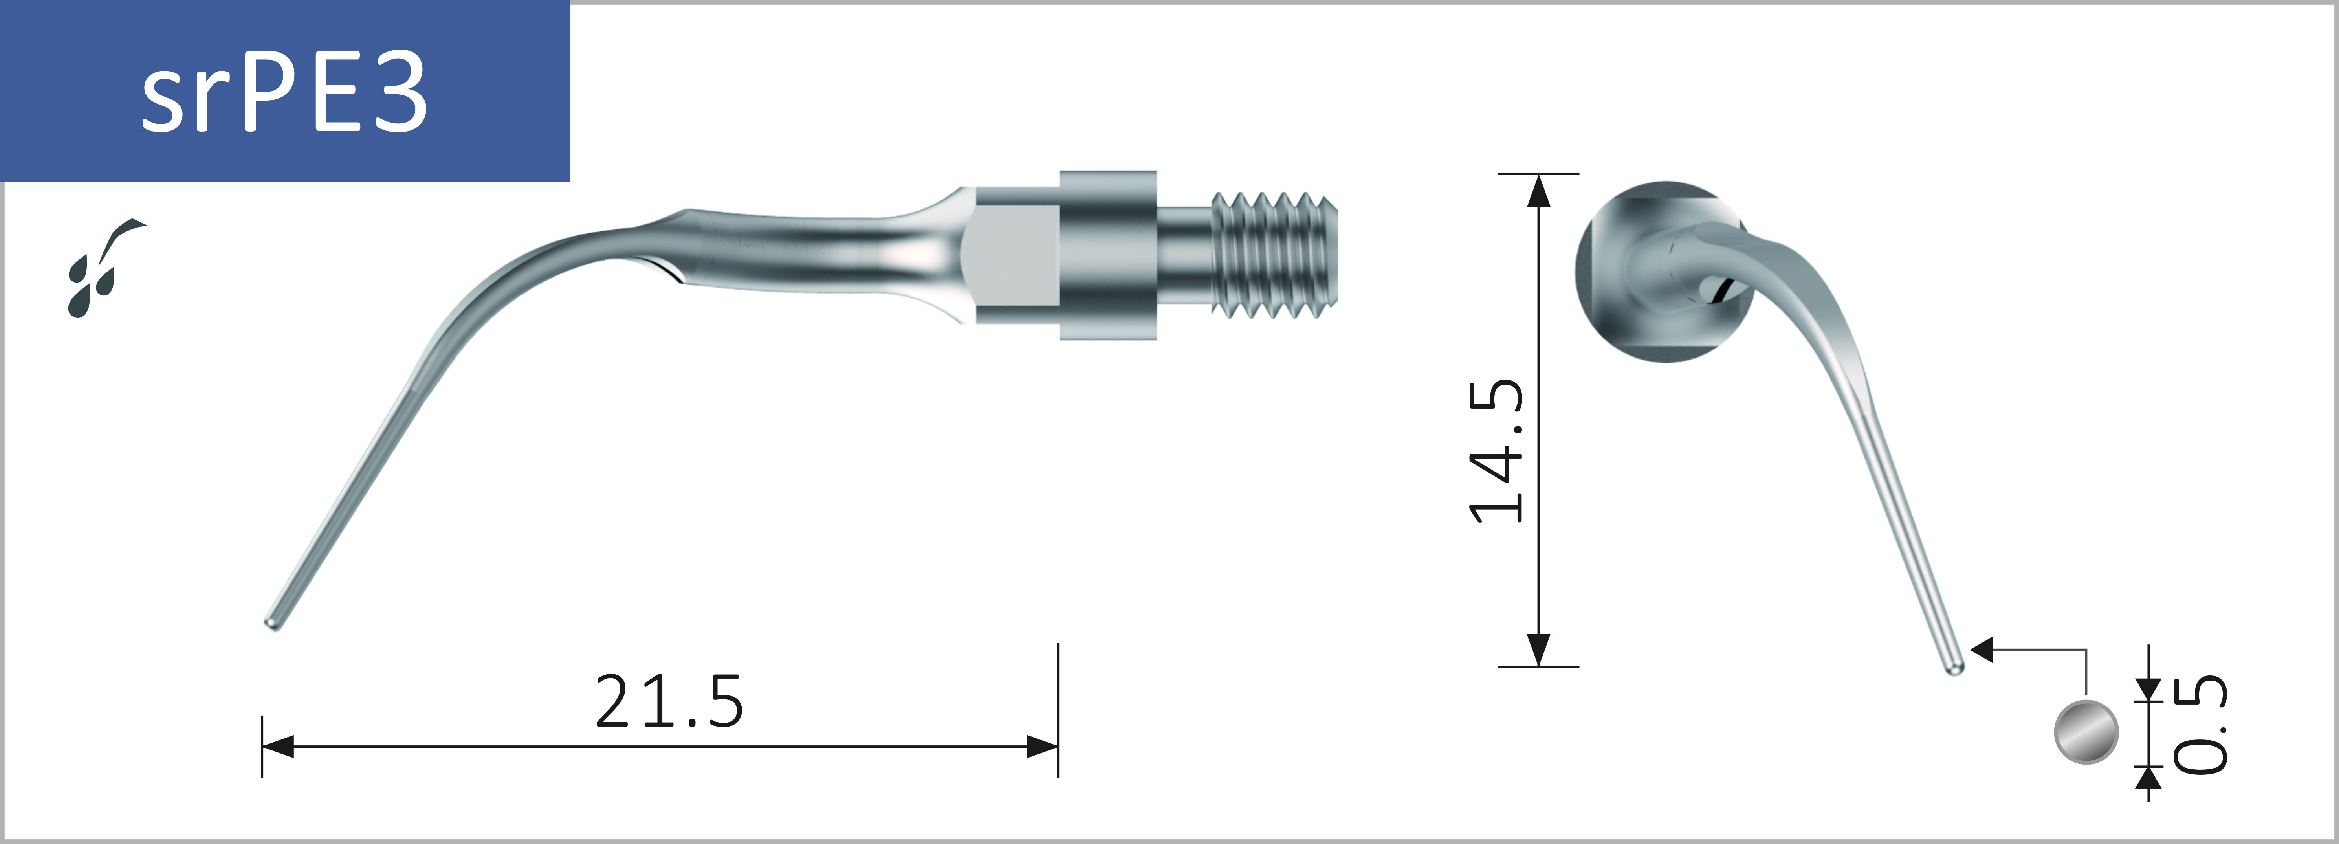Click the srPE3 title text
click(284, 91)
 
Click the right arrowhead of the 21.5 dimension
click(1042, 747)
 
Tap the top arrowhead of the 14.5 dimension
click(1538, 191)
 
